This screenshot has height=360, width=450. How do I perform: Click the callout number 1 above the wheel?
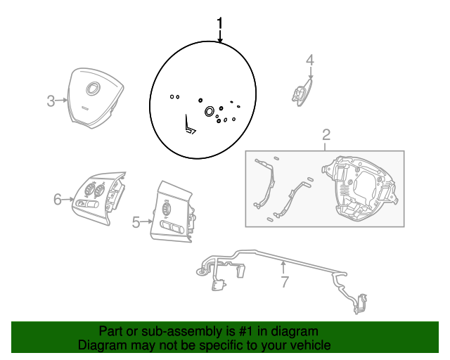[220, 23]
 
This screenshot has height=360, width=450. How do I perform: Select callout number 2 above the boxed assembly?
[326, 134]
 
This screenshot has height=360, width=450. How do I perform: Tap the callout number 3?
[51, 101]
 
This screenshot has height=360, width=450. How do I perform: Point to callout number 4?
[310, 60]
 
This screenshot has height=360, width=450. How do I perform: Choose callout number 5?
[136, 222]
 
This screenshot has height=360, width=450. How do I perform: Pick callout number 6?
[58, 199]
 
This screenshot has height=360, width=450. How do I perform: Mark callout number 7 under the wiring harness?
[284, 282]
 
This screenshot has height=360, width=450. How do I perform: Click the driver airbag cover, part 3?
[96, 98]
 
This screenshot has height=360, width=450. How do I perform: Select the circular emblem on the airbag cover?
[92, 88]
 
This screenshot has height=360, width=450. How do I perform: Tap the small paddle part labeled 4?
[302, 92]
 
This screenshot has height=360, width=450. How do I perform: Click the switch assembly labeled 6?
[99, 198]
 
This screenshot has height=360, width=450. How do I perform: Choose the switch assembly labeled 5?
[172, 212]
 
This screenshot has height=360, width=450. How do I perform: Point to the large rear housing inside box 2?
[360, 189]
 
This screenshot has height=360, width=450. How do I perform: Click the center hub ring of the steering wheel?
[210, 111]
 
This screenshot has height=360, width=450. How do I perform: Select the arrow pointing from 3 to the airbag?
[61, 100]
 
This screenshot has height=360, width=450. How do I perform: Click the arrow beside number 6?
[68, 199]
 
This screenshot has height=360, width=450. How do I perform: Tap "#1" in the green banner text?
[246, 331]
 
